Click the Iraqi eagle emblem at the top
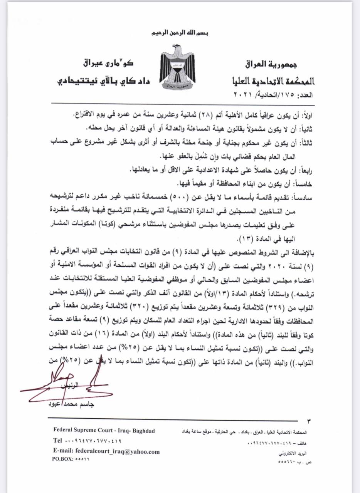point(177,66)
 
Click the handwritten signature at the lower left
point(66,385)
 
